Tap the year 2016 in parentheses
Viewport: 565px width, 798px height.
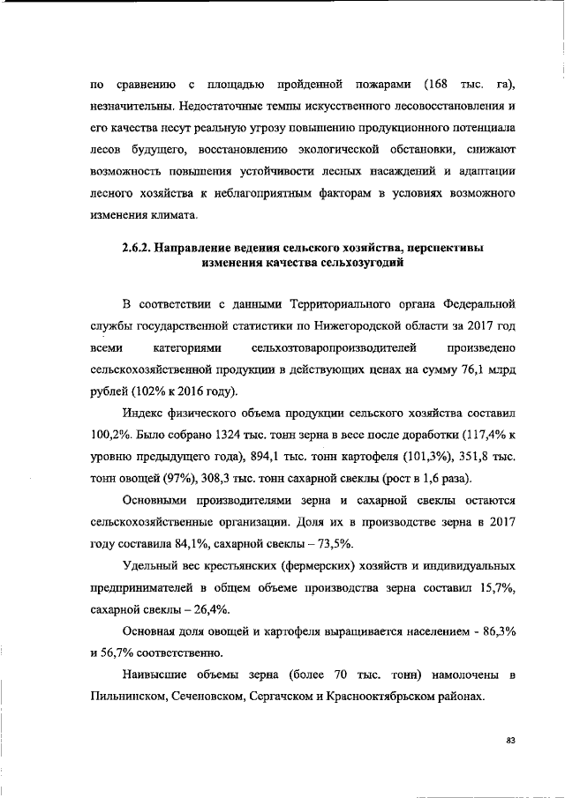[x=199, y=392]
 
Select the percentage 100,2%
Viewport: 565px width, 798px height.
[x=112, y=434]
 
